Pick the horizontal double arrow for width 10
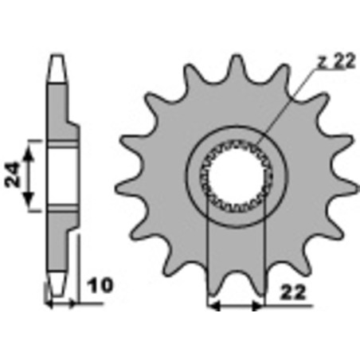[x=62, y=303]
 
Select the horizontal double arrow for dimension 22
[x=234, y=303]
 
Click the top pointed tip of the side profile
[x=57, y=58]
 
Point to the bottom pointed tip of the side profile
[x=57, y=288]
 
